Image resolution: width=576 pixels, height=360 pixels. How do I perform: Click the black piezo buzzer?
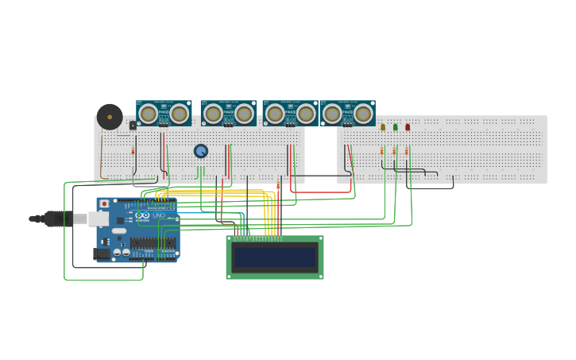point(110,117)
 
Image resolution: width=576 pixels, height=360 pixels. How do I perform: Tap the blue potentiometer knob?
point(201,150)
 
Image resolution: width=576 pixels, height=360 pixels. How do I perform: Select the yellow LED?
point(383,126)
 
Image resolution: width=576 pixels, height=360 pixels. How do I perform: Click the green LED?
point(395,126)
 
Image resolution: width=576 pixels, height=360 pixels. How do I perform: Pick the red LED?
point(408,126)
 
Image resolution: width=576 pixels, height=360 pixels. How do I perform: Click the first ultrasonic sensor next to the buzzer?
point(164,114)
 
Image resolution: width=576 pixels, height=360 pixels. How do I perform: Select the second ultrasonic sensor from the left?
point(228,114)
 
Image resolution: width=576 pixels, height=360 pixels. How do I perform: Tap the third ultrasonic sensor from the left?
point(290,114)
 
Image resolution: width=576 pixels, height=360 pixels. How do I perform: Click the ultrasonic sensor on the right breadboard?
point(347,114)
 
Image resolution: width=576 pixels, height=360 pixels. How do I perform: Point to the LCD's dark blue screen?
point(275,257)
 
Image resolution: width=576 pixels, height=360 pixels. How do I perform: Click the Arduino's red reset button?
point(104,204)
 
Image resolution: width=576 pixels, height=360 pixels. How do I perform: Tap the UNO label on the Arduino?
point(158,215)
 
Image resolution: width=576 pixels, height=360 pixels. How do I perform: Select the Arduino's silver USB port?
point(98,219)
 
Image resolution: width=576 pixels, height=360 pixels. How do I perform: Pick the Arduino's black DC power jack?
point(102,254)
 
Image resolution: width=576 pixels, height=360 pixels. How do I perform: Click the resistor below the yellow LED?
point(382,150)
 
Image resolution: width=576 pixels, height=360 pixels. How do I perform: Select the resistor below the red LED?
point(407,150)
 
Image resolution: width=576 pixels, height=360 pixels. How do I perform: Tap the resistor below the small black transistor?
point(133,149)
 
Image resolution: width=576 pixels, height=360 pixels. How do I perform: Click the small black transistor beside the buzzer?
point(133,125)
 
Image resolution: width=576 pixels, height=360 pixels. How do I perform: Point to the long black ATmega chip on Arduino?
point(153,242)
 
